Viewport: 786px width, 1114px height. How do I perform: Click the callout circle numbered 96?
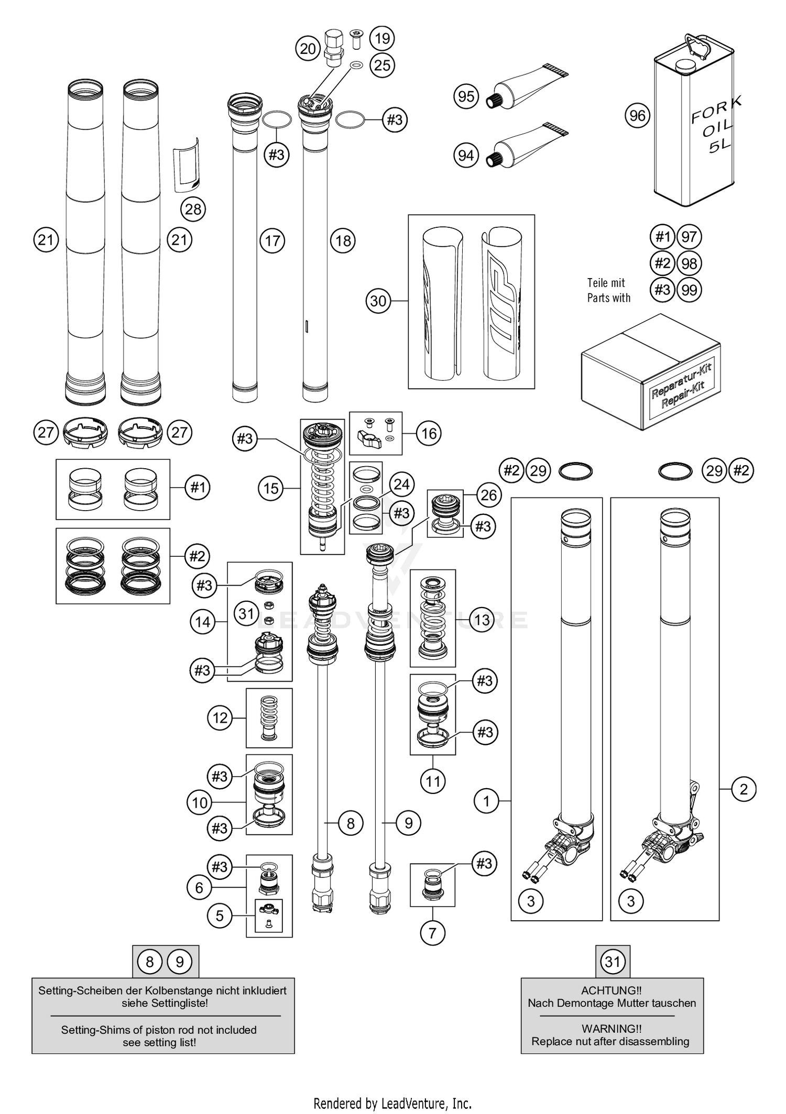(637, 115)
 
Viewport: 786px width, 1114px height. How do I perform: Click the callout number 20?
(308, 49)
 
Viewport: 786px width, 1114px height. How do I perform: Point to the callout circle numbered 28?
(193, 209)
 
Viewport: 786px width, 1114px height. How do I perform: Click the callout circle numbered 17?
(272, 241)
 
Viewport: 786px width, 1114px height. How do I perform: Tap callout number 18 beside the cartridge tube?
(343, 241)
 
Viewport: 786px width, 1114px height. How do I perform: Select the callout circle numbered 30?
(378, 301)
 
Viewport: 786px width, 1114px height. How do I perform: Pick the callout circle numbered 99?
(689, 290)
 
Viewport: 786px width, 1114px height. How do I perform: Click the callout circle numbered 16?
(429, 433)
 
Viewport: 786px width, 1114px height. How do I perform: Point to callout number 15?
(270, 488)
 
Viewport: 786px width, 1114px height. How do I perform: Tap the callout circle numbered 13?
(481, 620)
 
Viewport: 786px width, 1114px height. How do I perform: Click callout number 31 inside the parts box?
(246, 613)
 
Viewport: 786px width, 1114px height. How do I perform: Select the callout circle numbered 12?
(220, 718)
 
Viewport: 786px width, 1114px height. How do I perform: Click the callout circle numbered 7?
(432, 933)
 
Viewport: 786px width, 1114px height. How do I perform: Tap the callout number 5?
(220, 916)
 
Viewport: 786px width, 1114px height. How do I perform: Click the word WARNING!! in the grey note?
(611, 1029)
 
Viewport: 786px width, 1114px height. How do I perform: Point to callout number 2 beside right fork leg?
(743, 789)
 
